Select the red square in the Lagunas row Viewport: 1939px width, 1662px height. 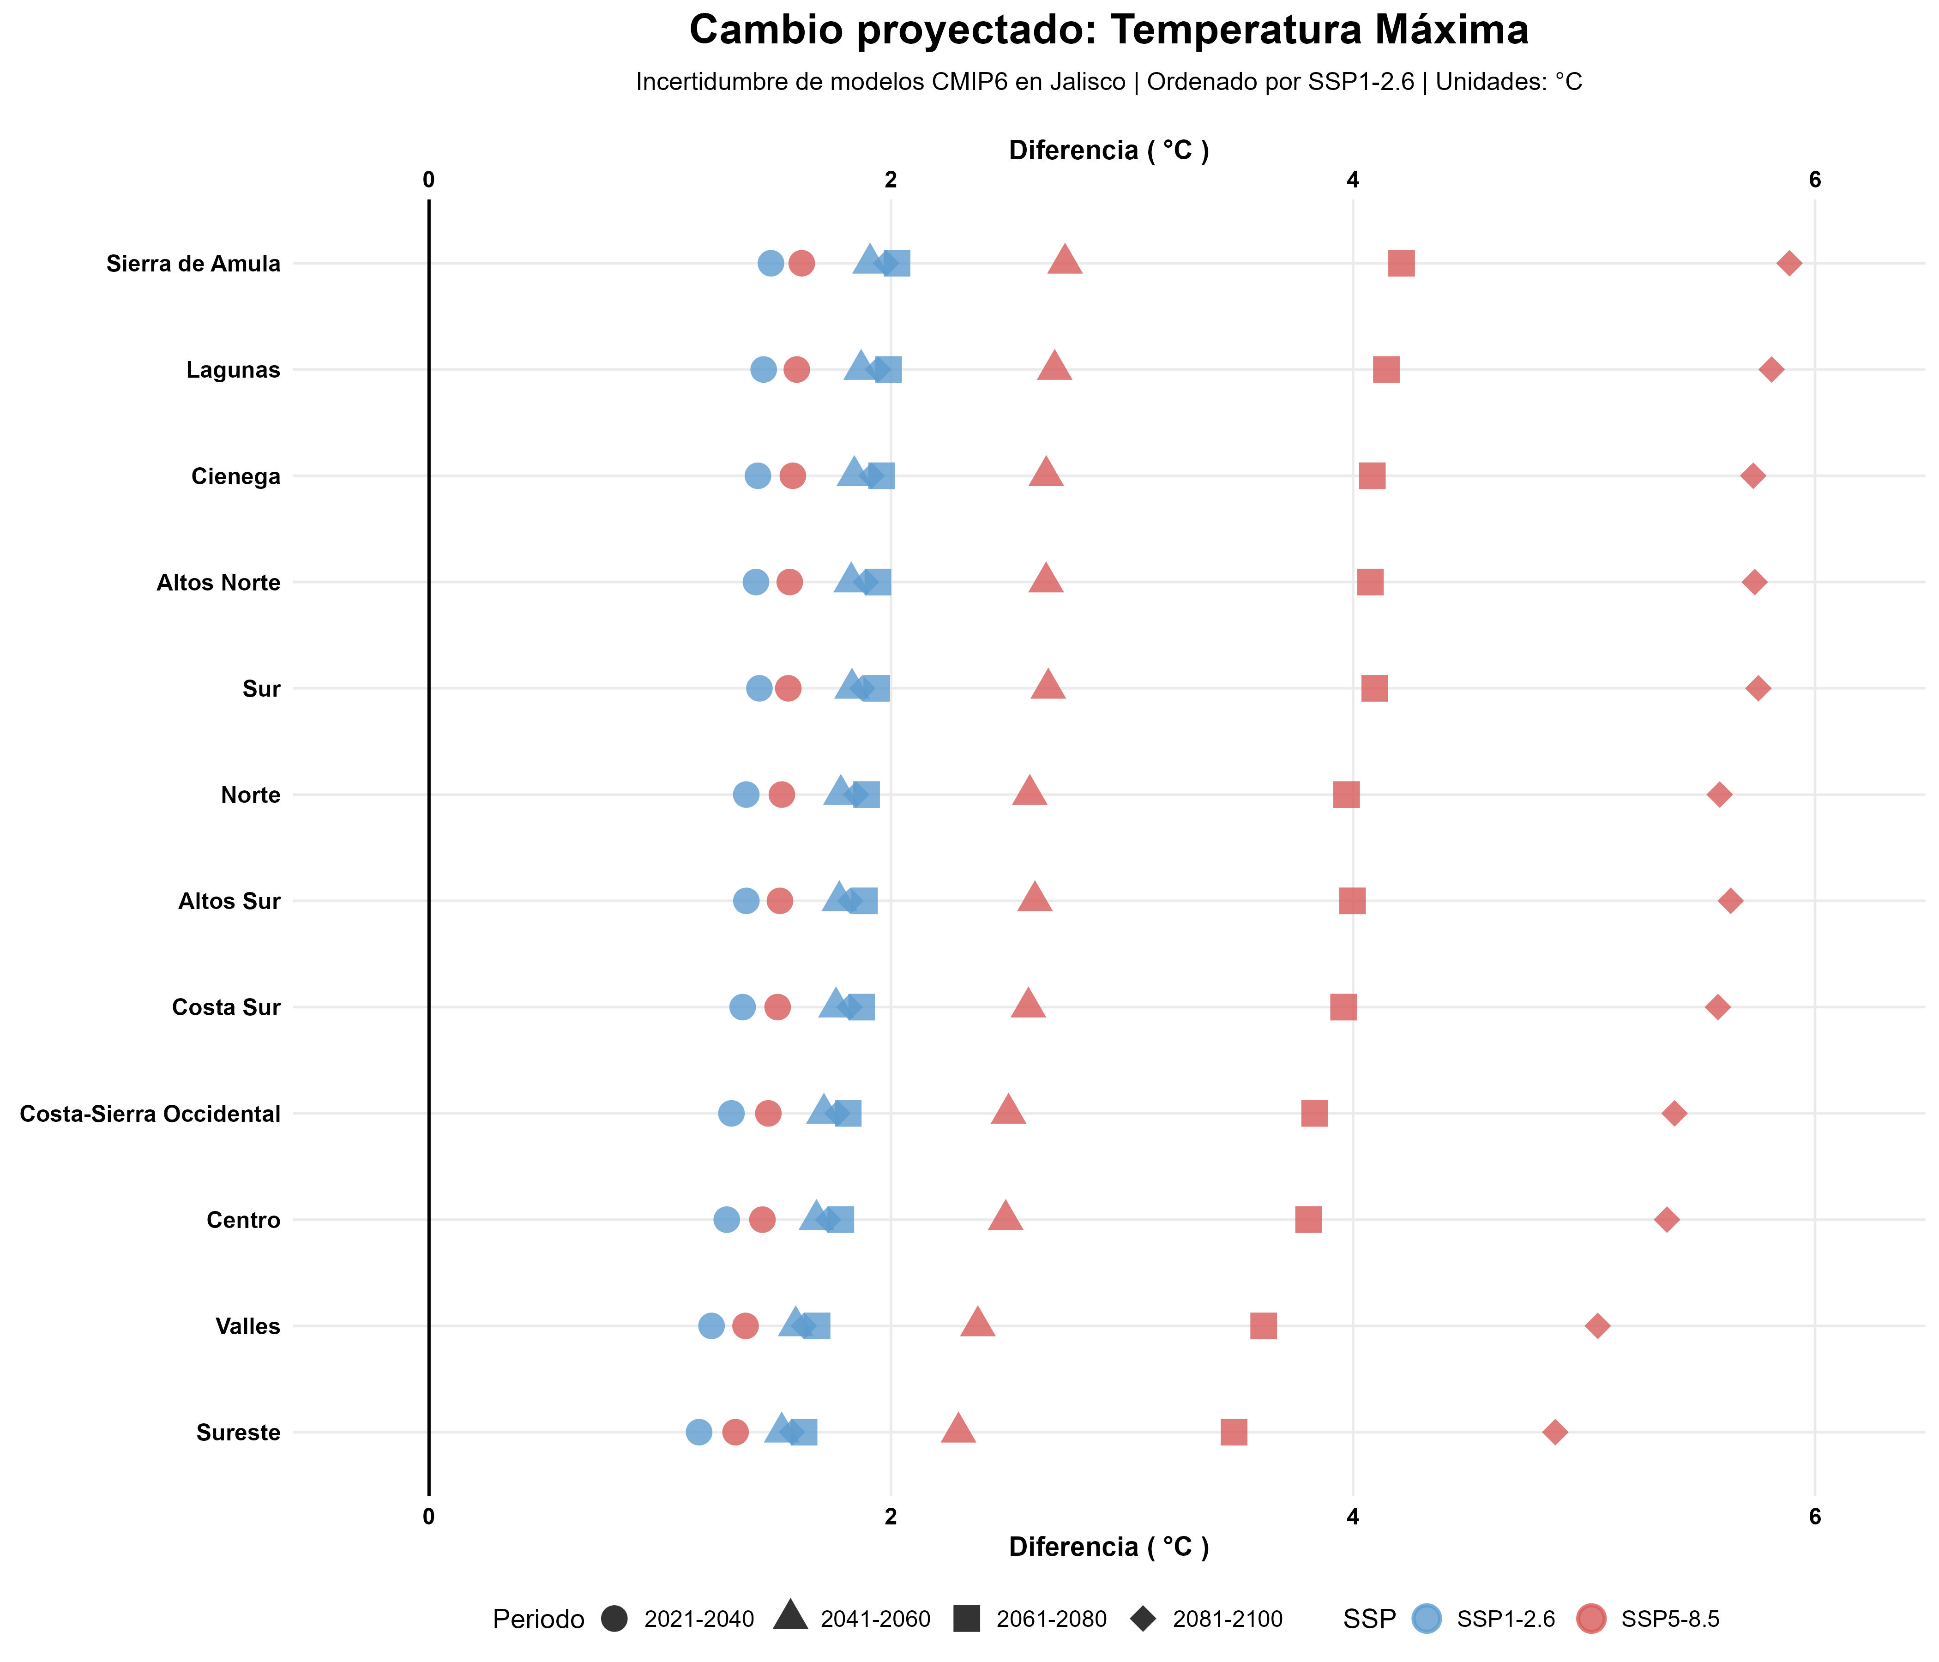click(x=1386, y=370)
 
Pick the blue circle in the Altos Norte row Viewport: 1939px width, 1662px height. click(x=755, y=582)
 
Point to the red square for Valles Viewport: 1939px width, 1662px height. click(x=1263, y=1326)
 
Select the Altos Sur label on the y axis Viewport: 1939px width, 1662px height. click(x=229, y=901)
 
